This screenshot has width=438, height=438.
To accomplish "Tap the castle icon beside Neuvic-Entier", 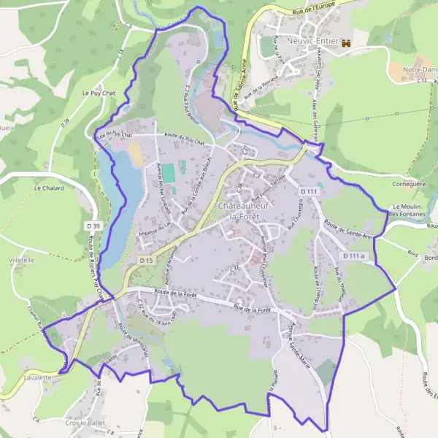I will tap(347, 42).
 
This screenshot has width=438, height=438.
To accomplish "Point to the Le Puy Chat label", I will tap(99, 93).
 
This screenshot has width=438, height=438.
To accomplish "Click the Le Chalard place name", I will tap(49, 188).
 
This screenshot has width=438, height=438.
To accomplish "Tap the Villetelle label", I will tap(22, 260).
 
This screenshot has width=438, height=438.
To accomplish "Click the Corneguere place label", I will tap(407, 185).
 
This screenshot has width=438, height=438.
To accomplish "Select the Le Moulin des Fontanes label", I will tap(413, 210).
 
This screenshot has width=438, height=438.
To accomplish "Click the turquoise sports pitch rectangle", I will tap(169, 174).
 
